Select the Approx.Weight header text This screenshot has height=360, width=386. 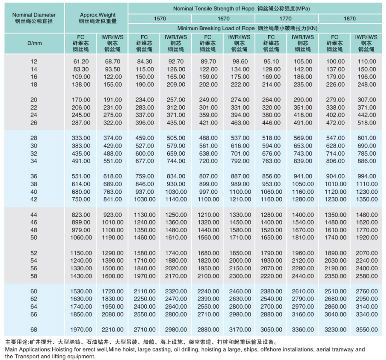pos(98,15)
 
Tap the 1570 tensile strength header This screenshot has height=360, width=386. pos(160,19)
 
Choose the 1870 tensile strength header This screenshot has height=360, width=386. pos(350,19)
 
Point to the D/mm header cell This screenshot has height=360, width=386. pos(34,43)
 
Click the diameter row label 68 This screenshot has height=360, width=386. pos(34,329)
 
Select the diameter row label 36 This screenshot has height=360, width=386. pos(34,176)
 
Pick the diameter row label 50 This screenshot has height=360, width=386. pos(34,238)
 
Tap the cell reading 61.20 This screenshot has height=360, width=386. pos(81,62)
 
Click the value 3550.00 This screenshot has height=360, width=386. pos(367,329)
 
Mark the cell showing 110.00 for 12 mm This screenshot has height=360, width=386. pos(367,62)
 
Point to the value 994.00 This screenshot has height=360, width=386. pos(367,176)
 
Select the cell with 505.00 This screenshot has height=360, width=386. pos(176,138)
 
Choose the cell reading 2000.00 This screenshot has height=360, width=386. pos(240,261)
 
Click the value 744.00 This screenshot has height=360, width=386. pos(176,161)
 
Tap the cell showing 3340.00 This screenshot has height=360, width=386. pos(367,314)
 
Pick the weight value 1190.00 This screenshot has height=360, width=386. pos(113,238)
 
